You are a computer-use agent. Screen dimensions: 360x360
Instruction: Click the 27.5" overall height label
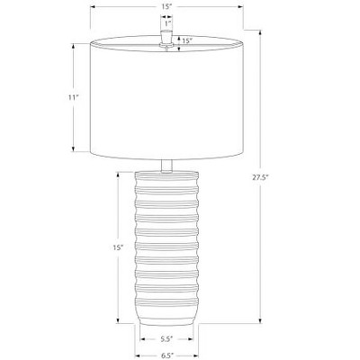(x=260, y=177)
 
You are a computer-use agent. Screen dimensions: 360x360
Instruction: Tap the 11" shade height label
(x=73, y=97)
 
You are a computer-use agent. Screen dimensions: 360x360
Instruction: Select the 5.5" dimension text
(x=166, y=339)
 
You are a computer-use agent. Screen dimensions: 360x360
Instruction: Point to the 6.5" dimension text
(x=167, y=355)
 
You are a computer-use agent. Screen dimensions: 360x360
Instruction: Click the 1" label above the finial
(x=167, y=23)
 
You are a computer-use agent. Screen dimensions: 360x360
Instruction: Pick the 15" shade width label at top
(x=166, y=7)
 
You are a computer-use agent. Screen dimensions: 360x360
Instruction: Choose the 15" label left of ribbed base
(x=118, y=247)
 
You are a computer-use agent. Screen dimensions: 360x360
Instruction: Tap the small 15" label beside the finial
(x=187, y=40)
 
